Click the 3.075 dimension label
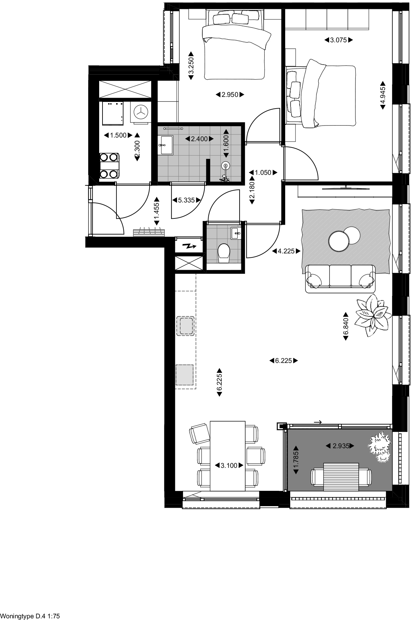click(338, 40)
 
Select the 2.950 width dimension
click(230, 95)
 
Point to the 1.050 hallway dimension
click(263, 173)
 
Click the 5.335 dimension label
click(186, 200)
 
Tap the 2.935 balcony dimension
click(340, 446)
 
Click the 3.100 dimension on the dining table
click(229, 465)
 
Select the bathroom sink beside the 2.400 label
click(165, 145)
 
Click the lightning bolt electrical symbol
click(189, 247)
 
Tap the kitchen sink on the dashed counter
click(186, 326)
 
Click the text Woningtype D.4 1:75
click(30, 616)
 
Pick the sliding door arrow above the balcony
click(318, 422)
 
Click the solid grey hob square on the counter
click(185, 375)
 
